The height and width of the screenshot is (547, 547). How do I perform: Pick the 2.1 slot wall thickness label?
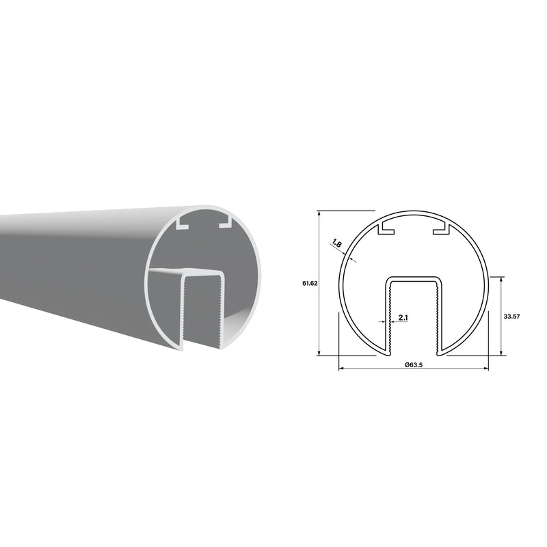point(403,317)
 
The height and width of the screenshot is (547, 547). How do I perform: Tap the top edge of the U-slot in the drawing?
point(414,278)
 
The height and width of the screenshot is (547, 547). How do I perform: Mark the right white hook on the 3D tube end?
point(224,223)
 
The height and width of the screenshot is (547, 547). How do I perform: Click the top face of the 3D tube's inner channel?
point(185,273)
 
